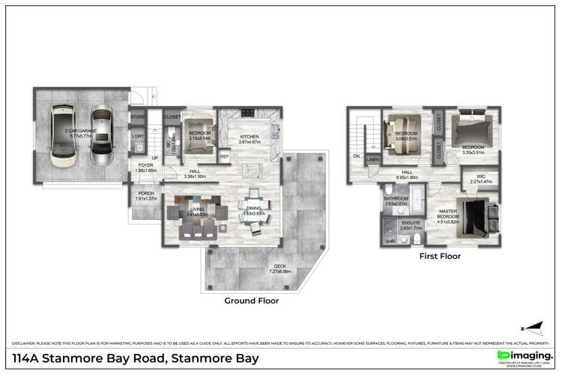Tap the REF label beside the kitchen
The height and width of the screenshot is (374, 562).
pyautogui.click(x=224, y=156)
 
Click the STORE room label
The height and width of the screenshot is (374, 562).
pyautogui.click(x=138, y=117)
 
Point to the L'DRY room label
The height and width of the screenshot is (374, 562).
pyautogui.click(x=138, y=136)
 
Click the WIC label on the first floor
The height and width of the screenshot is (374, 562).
pyautogui.click(x=480, y=179)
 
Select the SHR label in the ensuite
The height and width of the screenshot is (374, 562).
pyautogui.click(x=390, y=242)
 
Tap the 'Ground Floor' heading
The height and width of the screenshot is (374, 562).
pyautogui.click(x=252, y=301)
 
